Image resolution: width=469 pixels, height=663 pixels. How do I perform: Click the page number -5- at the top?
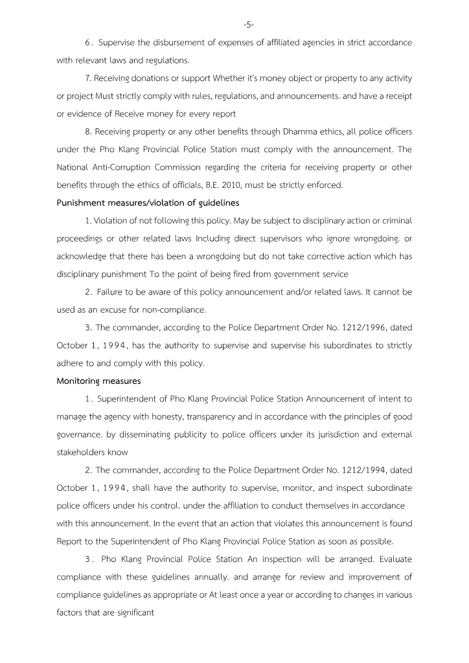click(x=249, y=25)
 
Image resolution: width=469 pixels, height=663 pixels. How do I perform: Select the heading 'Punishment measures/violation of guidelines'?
click(x=149, y=203)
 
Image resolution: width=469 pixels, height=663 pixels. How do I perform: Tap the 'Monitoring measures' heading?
click(x=98, y=381)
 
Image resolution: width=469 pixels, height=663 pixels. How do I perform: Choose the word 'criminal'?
click(x=394, y=221)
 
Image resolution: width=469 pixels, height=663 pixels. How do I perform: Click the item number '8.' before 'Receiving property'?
click(x=89, y=132)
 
